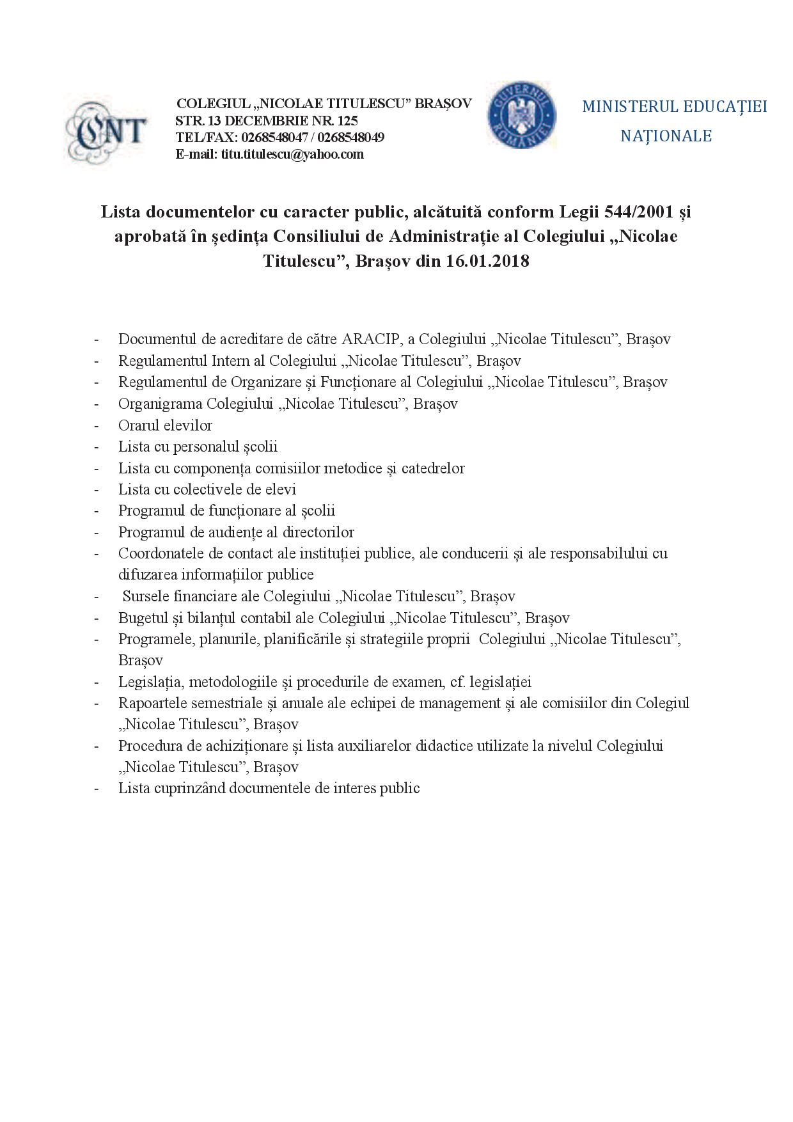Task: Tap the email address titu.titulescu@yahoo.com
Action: [292, 154]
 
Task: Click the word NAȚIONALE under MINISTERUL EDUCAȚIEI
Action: [666, 136]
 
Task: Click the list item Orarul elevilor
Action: [165, 425]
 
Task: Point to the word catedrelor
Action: [433, 468]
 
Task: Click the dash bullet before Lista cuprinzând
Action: [97, 789]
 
